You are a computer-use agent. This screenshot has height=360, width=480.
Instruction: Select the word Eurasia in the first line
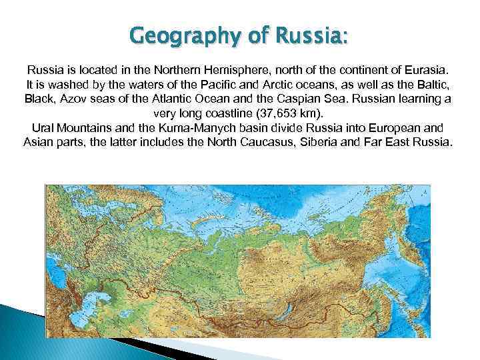(x=427, y=70)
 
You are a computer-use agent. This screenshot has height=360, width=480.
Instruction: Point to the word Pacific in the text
(x=214, y=85)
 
